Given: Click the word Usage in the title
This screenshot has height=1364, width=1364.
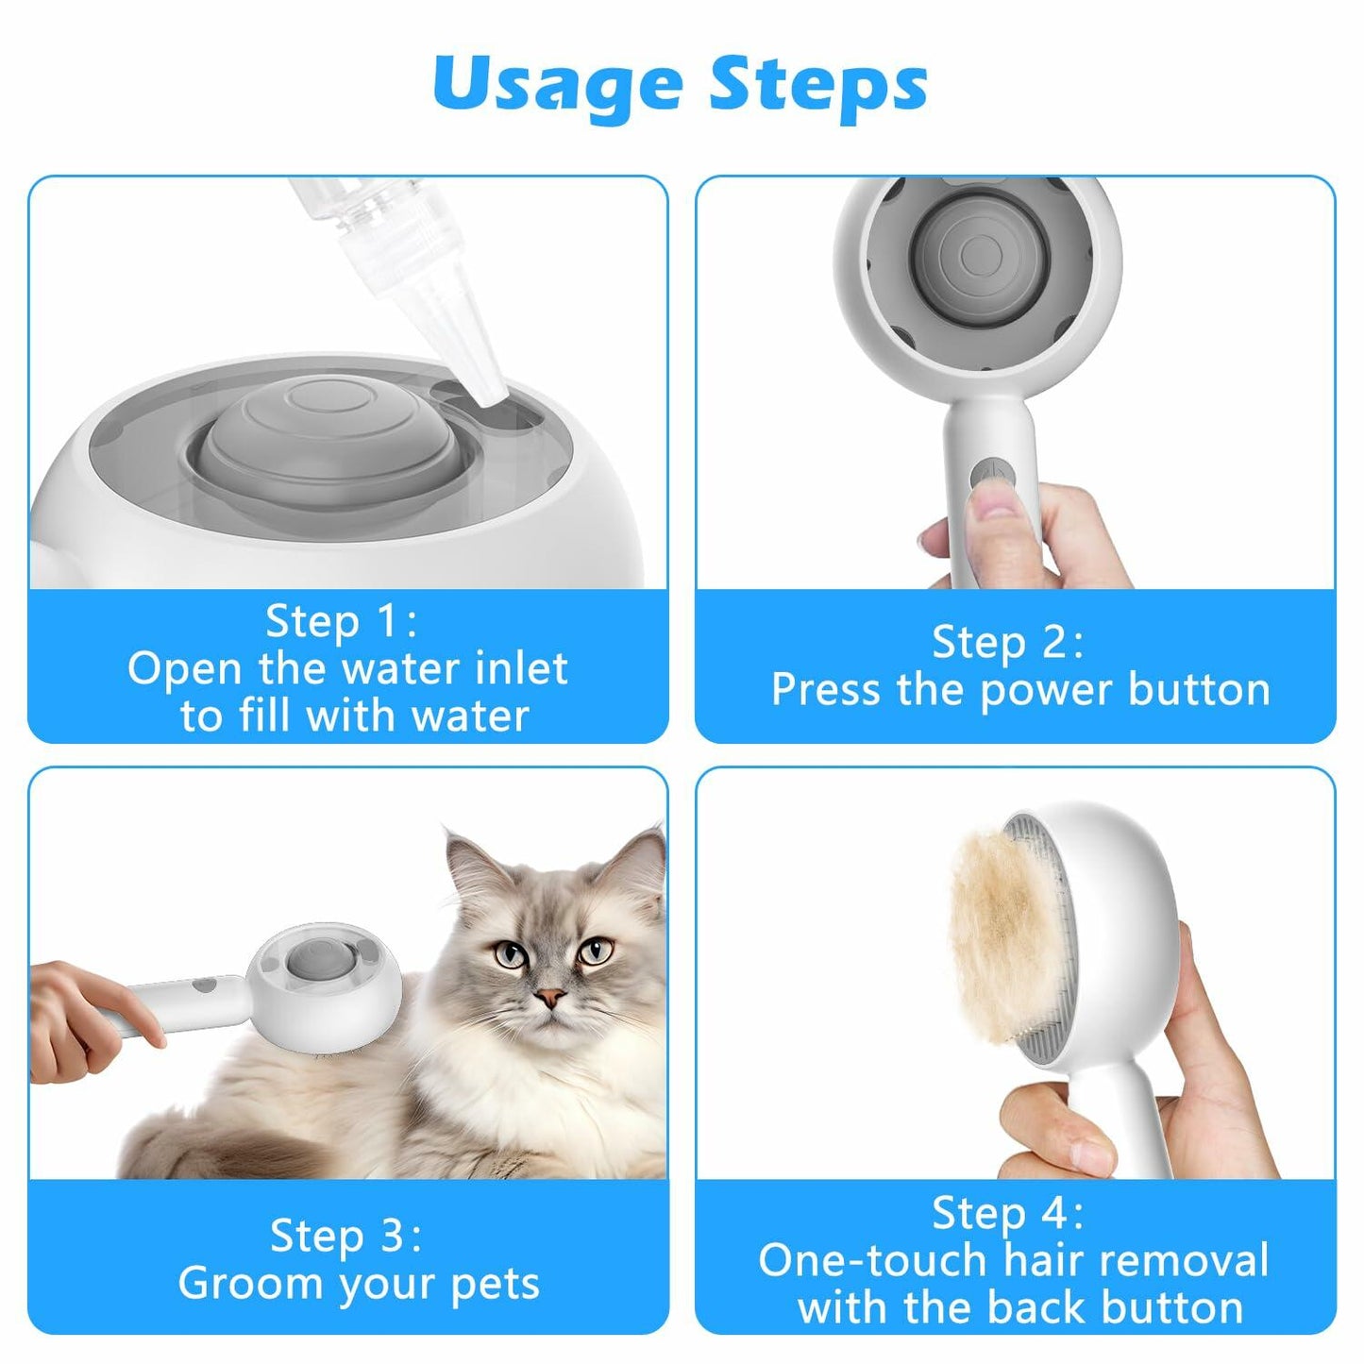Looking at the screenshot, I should [x=556, y=84].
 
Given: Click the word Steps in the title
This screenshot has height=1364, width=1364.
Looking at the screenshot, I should [x=817, y=84].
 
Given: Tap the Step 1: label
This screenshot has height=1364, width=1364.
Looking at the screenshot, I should [x=341, y=621].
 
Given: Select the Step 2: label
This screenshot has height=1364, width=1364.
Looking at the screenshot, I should [x=1008, y=642].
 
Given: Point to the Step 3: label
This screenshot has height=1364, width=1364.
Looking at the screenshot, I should [x=345, y=1235].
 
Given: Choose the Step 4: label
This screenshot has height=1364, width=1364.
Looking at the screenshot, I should [x=1008, y=1213].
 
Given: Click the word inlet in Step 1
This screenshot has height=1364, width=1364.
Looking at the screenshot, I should [x=522, y=668].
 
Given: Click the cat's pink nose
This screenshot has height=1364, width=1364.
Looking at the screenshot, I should [x=550, y=997].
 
